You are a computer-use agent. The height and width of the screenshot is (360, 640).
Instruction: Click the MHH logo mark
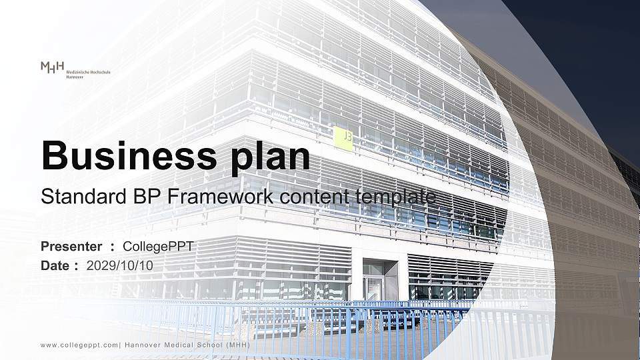(52, 67)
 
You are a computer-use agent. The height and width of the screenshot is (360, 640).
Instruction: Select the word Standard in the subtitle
(75, 197)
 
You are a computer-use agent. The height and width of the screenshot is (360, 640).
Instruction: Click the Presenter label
(71, 247)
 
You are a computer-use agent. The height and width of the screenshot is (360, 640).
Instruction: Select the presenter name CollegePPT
(159, 247)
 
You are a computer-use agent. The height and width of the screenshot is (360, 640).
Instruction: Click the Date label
(56, 265)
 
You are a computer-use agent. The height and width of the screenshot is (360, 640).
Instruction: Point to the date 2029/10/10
(120, 265)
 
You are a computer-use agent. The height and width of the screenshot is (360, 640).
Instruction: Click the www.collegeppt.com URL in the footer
(79, 345)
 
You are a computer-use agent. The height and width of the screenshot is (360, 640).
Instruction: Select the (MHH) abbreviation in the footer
(237, 345)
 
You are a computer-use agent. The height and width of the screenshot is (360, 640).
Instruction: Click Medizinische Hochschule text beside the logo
(89, 71)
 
